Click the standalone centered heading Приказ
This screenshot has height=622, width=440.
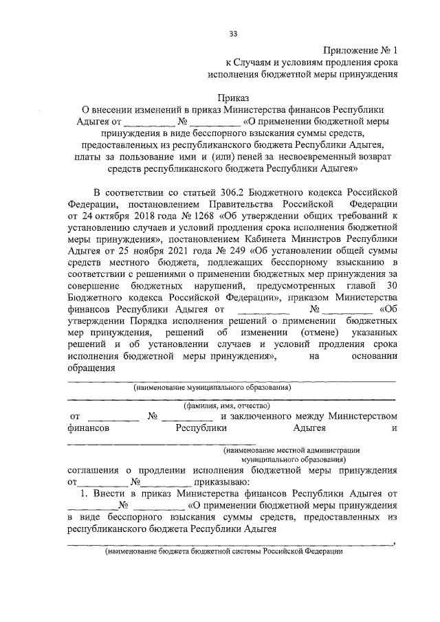233,98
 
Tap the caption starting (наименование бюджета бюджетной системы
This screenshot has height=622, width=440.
223,551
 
